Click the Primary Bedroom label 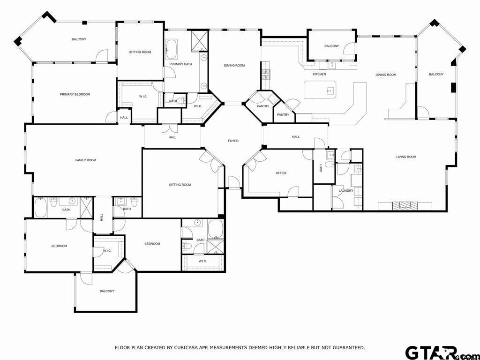click(x=75, y=94)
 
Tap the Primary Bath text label click(x=180, y=64)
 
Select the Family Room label click(x=86, y=160)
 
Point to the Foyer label click(x=233, y=141)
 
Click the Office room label click(x=281, y=173)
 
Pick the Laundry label click(x=346, y=190)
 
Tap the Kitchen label click(x=319, y=74)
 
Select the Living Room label click(x=406, y=157)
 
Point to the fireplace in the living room click(x=405, y=205)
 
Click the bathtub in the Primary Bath click(x=172, y=48)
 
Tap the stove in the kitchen click(x=266, y=73)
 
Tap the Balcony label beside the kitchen click(x=331, y=46)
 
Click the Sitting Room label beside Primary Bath click(x=140, y=52)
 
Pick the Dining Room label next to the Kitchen click(x=386, y=75)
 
